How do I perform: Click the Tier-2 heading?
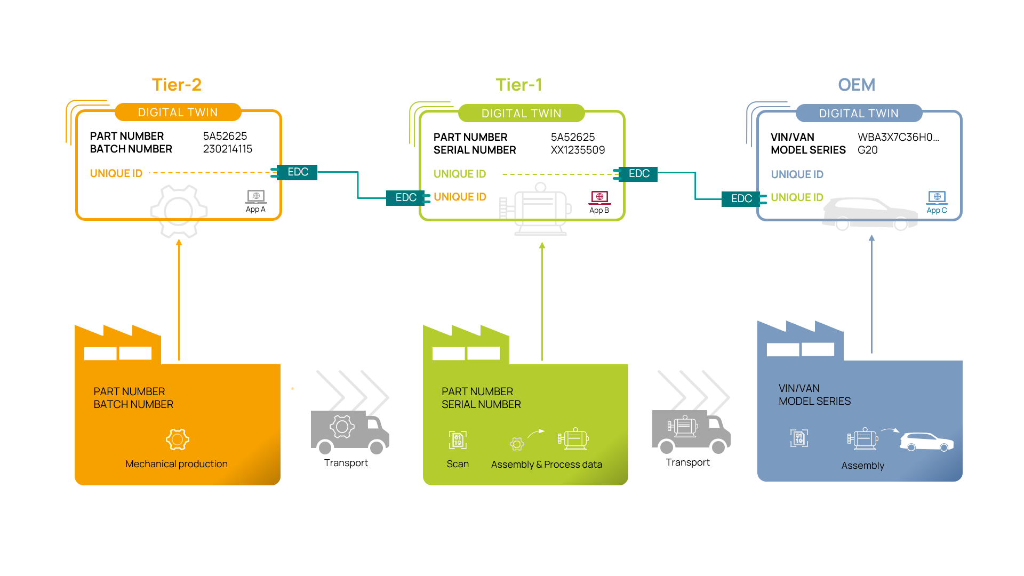tap(177, 85)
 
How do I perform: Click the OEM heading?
tap(857, 85)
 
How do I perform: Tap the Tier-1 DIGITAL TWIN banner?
tap(521, 113)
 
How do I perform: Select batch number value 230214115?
tap(228, 149)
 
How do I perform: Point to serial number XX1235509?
tap(578, 150)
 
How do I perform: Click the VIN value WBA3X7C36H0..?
tap(898, 137)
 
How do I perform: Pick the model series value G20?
tap(868, 150)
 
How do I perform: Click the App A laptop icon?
tap(256, 197)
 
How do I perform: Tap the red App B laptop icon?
tap(599, 197)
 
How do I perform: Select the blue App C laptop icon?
tap(937, 197)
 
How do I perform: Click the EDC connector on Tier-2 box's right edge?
tap(297, 172)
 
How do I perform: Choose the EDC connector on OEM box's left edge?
tap(741, 198)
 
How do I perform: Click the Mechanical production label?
tap(177, 464)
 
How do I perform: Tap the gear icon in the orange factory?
tap(178, 439)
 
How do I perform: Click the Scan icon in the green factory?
tap(458, 440)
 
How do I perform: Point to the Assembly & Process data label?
tap(547, 465)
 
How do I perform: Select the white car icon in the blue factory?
tap(926, 442)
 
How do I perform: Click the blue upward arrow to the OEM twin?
tap(871, 293)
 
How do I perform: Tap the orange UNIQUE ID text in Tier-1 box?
tap(460, 197)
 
